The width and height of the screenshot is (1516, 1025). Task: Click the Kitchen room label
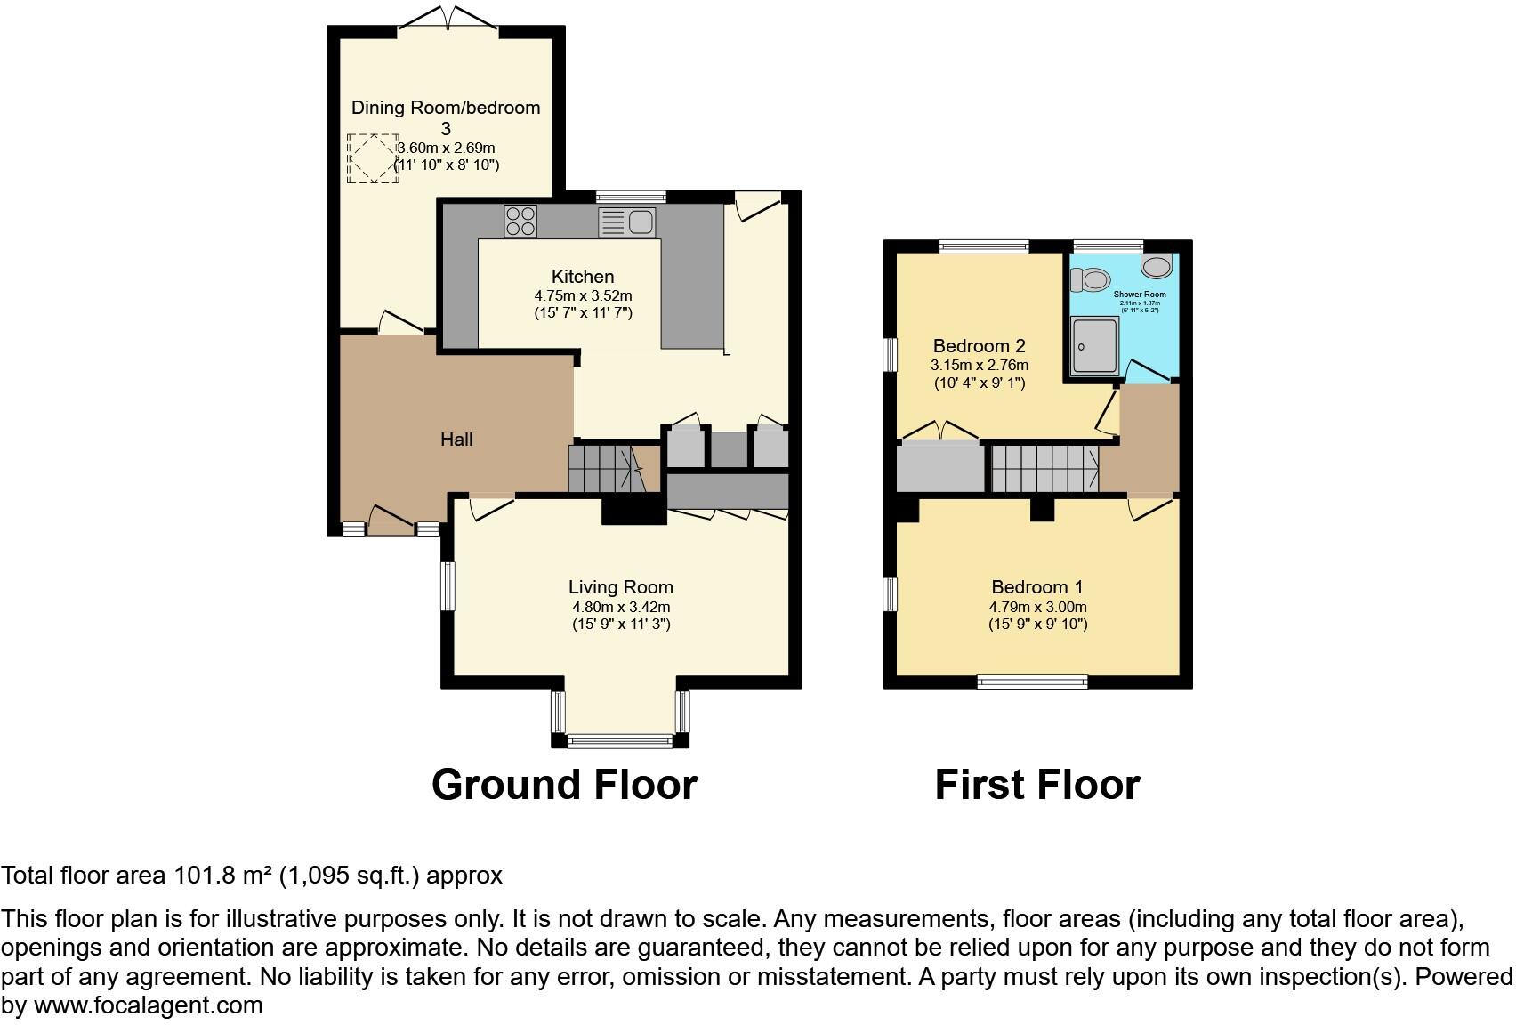pyautogui.click(x=582, y=277)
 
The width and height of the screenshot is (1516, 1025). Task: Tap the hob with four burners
pyautogui.click(x=520, y=221)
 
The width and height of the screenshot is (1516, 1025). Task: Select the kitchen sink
pyautogui.click(x=627, y=222)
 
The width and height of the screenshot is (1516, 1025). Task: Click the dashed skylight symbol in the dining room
pyautogui.click(x=372, y=158)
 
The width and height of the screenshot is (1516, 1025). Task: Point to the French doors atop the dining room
pyautogui.click(x=448, y=20)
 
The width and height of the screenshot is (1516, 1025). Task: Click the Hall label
pyautogui.click(x=456, y=440)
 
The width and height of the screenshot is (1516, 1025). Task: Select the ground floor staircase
pyautogui.click(x=605, y=468)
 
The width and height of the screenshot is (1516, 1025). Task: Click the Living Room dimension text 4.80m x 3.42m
pyautogui.click(x=620, y=608)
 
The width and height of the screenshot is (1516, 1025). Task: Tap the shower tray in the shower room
pyautogui.click(x=1095, y=346)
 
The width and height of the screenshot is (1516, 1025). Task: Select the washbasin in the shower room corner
pyautogui.click(x=1157, y=265)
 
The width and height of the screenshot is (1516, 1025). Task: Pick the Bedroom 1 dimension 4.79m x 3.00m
pyautogui.click(x=1037, y=608)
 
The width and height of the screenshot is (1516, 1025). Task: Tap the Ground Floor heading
pyautogui.click(x=564, y=785)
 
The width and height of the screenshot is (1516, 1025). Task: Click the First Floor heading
pyautogui.click(x=1036, y=785)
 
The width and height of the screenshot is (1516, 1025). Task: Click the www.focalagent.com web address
pyautogui.click(x=149, y=1006)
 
